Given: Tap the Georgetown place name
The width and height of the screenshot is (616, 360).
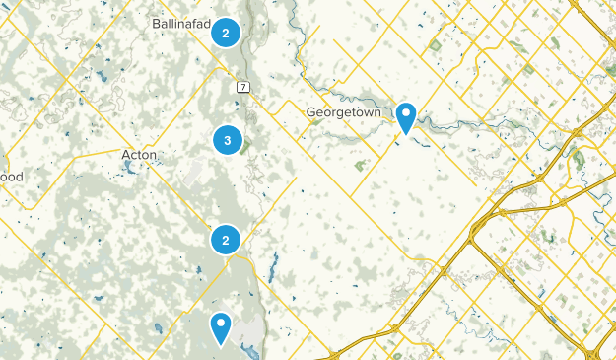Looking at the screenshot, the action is coord(344,112).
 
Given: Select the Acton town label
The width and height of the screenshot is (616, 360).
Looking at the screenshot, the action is coord(139,155).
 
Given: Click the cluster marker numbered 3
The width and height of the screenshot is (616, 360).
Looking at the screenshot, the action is coord(228,141).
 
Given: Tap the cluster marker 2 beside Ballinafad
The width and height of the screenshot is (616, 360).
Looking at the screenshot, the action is coord(227,34).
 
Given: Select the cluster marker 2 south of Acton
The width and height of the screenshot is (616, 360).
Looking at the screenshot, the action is coord(227,239).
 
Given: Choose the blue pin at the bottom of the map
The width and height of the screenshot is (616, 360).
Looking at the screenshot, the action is coord(221,326).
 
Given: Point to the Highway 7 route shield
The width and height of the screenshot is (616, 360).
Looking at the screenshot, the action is coord(241,87).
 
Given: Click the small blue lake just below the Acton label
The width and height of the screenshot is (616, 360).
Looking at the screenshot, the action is coord(129,168).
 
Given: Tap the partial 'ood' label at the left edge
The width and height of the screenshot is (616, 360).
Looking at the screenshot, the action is coord(11,177).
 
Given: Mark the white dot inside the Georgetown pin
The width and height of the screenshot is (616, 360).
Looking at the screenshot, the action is coord(405,113).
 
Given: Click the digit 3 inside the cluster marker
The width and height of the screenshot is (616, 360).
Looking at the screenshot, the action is coord(228,141).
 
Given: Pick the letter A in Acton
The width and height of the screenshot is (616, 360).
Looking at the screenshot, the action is coord(125,155).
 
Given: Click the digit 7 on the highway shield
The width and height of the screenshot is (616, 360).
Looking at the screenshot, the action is coord(241,87).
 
